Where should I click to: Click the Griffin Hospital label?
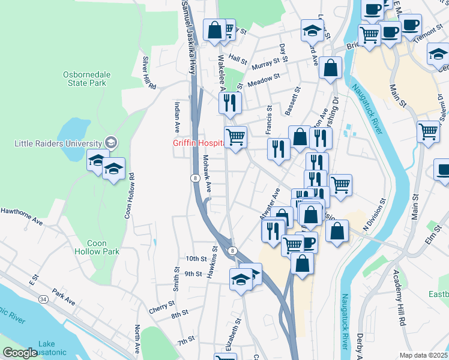[x=199, y=143]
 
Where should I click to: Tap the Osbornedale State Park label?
[x=87, y=79]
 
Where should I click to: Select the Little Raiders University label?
[x=59, y=143]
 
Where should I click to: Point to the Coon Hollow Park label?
[x=88, y=248]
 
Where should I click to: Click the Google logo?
[x=19, y=353]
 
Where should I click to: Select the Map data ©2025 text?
[x=423, y=355]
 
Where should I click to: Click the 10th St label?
[x=196, y=259]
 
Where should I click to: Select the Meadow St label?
[x=264, y=78]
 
